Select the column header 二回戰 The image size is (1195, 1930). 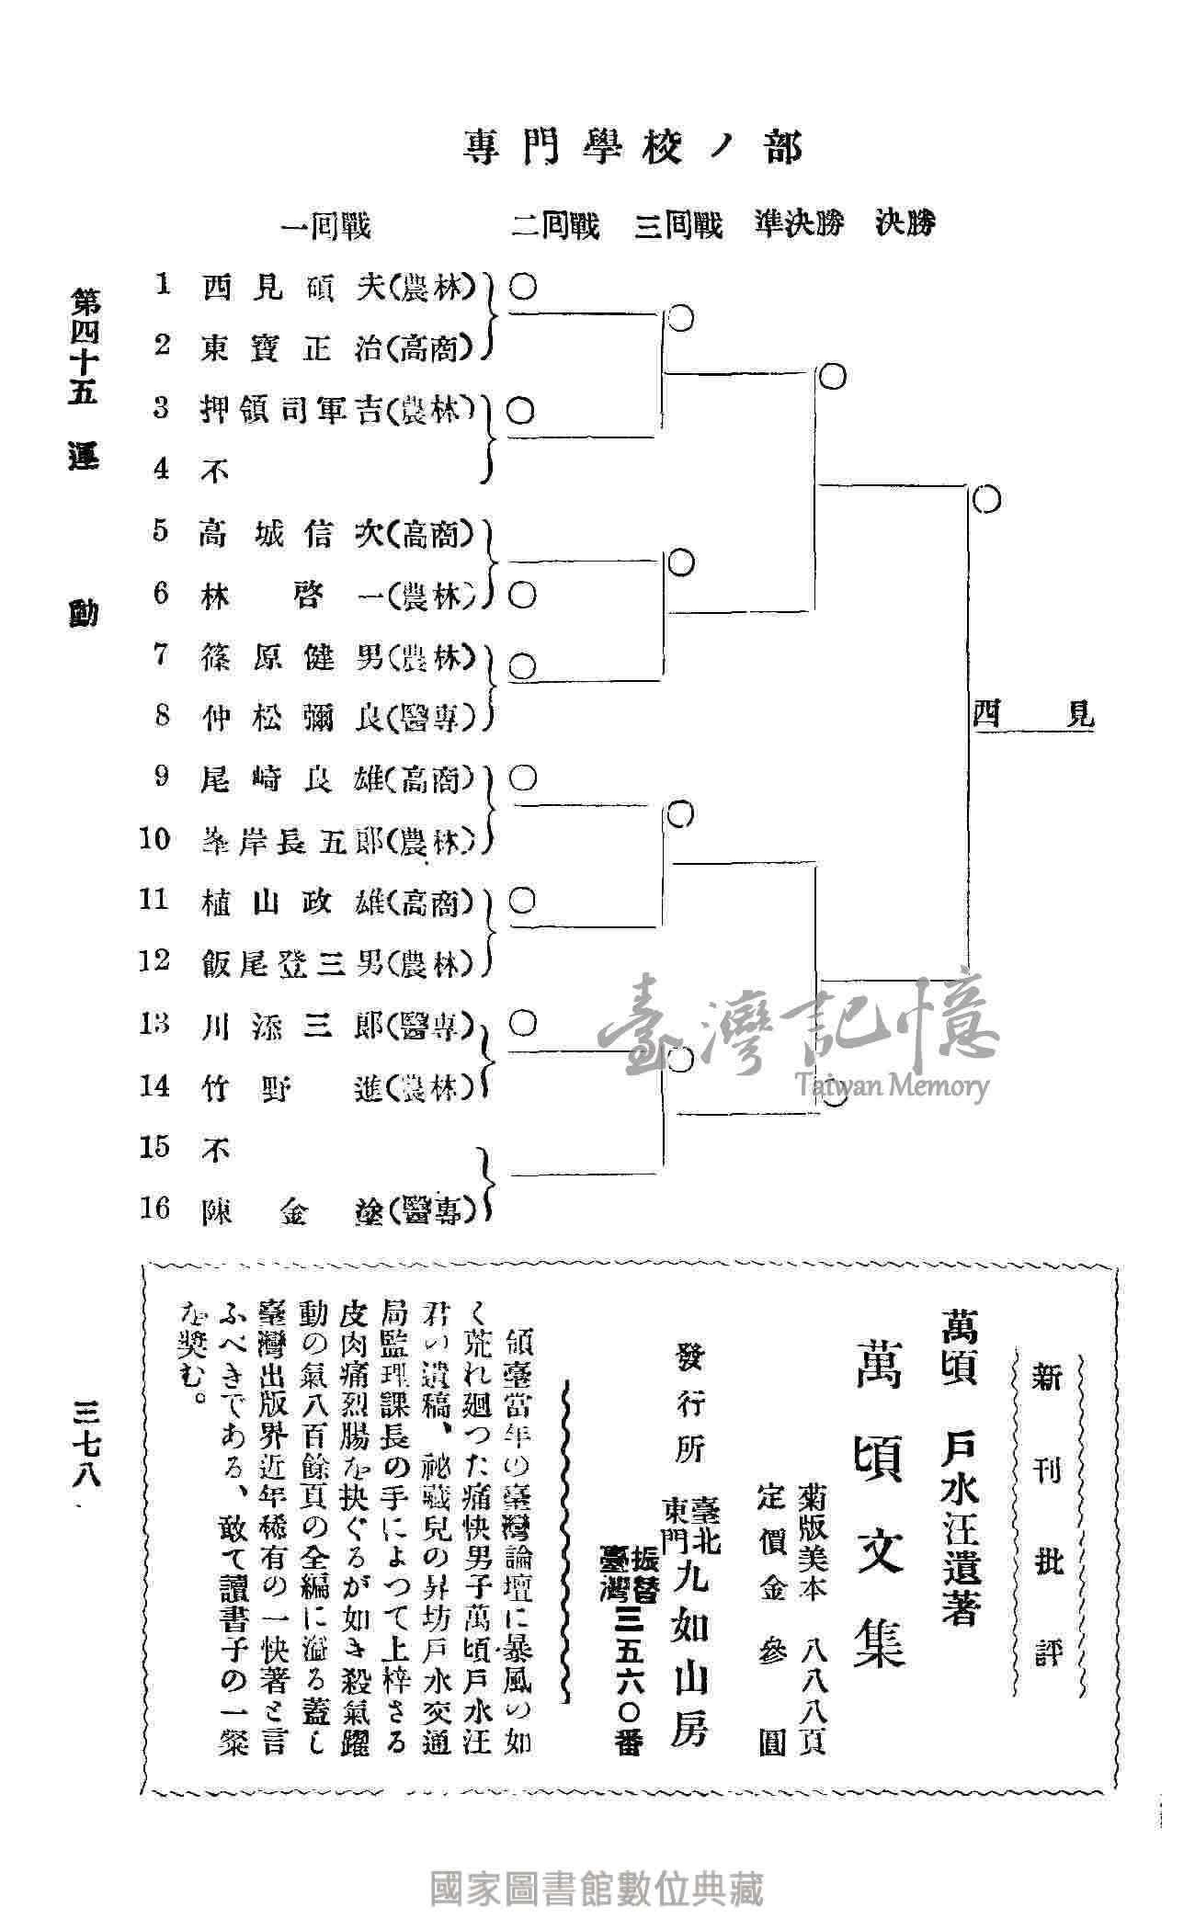point(555,225)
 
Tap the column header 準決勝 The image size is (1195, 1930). point(798,225)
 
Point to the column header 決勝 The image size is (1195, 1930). point(905,224)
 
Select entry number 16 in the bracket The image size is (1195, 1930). point(156,1209)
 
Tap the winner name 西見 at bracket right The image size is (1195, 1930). point(1033,714)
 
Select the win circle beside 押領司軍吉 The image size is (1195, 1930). point(521,410)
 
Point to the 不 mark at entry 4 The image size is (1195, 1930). point(215,471)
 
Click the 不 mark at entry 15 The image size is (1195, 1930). point(215,1149)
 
